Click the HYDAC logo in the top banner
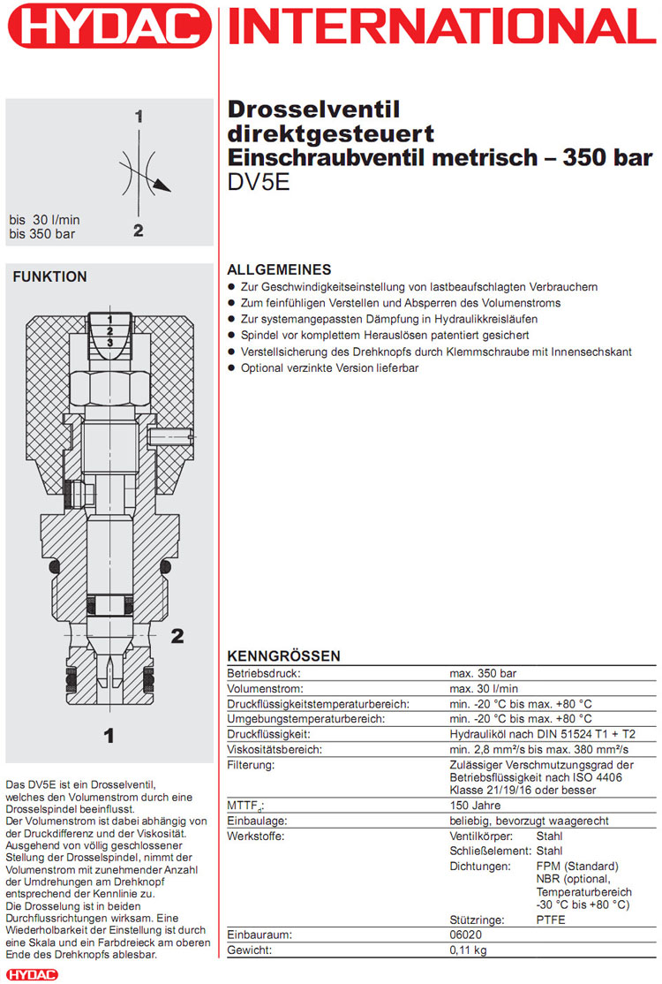pos(110,26)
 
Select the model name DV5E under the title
pos(257,185)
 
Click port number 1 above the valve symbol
pos(139,116)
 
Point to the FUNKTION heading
pos(49,276)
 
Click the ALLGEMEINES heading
pos(279,269)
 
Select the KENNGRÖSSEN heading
pos(283,656)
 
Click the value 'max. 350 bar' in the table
pos(483,673)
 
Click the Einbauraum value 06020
pos(468,935)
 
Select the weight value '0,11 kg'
pos(468,950)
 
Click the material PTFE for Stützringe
pos(552,920)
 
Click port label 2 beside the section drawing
pos(177,635)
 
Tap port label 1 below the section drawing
pos(109,734)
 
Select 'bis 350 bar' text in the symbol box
pos(41,233)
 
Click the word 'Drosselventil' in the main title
pos(314,110)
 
